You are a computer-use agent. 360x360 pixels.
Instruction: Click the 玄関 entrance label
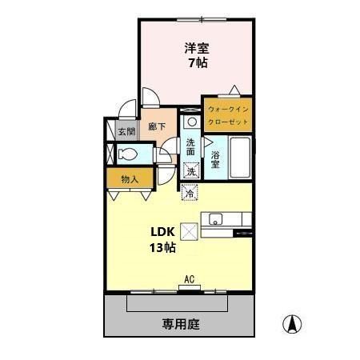[126, 131]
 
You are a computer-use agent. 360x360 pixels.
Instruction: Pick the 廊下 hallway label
[157, 126]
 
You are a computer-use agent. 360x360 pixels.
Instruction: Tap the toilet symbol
[128, 154]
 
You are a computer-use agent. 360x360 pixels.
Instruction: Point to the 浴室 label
[215, 158]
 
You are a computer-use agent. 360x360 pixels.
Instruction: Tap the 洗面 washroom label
[190, 147]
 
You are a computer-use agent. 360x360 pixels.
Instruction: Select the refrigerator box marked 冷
[190, 192]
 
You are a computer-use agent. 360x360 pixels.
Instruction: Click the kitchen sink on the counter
[215, 219]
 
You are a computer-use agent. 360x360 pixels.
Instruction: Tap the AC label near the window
[190, 279]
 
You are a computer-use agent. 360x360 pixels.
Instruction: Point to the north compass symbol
[293, 325]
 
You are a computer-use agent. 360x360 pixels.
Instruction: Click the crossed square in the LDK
[190, 230]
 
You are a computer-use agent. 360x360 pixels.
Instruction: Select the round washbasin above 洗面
[191, 122]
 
